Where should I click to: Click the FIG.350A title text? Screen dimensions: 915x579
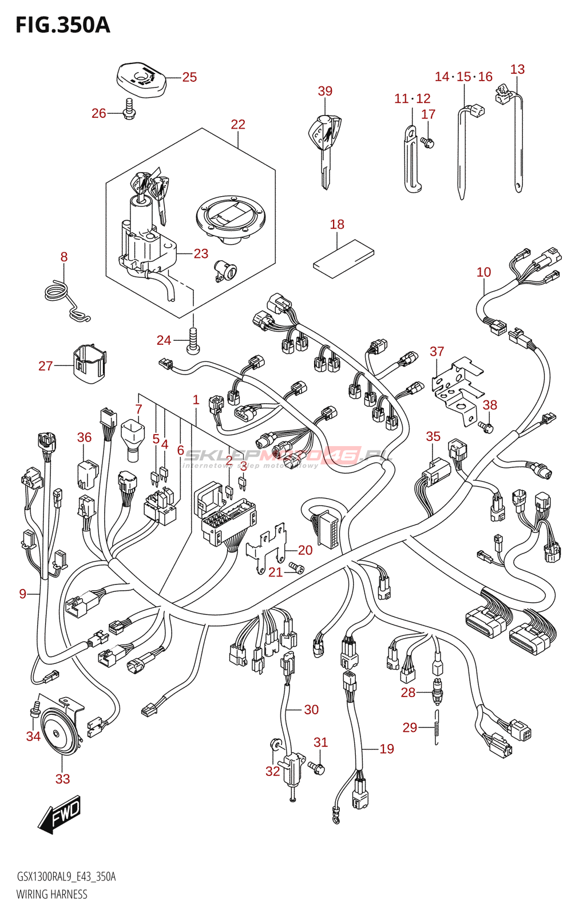(62, 25)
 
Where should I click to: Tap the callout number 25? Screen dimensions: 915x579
(189, 77)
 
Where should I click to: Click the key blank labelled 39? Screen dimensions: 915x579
(324, 149)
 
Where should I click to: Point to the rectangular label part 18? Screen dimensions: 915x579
(343, 258)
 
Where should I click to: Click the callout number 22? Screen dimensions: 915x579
(238, 125)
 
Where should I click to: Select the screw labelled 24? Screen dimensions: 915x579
(193, 341)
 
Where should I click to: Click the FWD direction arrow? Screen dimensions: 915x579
(60, 814)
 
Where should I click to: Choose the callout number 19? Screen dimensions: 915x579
(387, 749)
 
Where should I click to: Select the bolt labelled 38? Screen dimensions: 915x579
(486, 427)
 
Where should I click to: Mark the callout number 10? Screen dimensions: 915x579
(484, 272)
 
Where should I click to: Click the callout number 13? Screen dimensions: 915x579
(517, 69)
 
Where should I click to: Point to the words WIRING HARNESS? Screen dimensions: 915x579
(52, 894)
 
